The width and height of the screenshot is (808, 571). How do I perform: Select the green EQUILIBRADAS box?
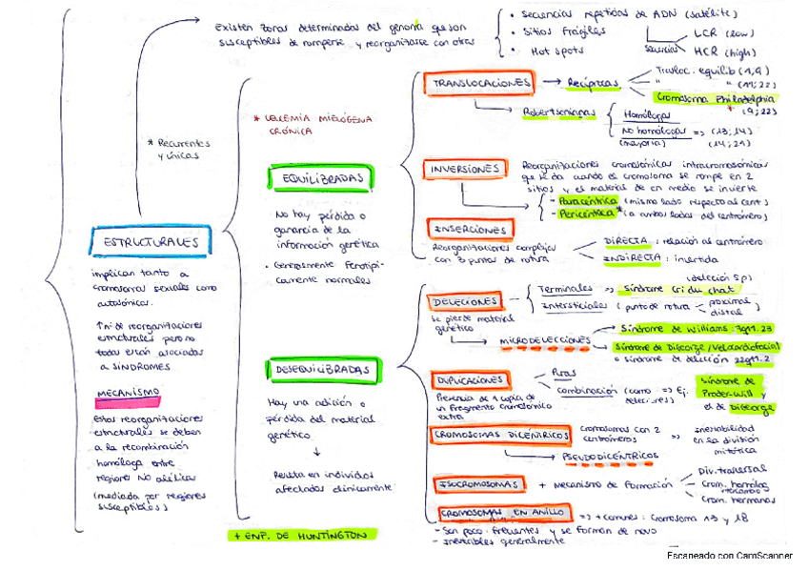[321, 177]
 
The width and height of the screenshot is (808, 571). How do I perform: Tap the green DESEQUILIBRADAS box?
[322, 369]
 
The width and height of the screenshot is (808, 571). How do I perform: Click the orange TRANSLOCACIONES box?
[481, 83]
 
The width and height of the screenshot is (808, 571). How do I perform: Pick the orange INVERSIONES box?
[466, 170]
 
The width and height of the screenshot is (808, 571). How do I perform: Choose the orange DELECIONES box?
[464, 301]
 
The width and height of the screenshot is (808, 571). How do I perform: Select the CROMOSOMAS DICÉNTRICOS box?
[501, 436]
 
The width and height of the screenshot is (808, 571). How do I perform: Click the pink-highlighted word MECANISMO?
[128, 398]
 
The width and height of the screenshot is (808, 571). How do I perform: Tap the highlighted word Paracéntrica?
[588, 202]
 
